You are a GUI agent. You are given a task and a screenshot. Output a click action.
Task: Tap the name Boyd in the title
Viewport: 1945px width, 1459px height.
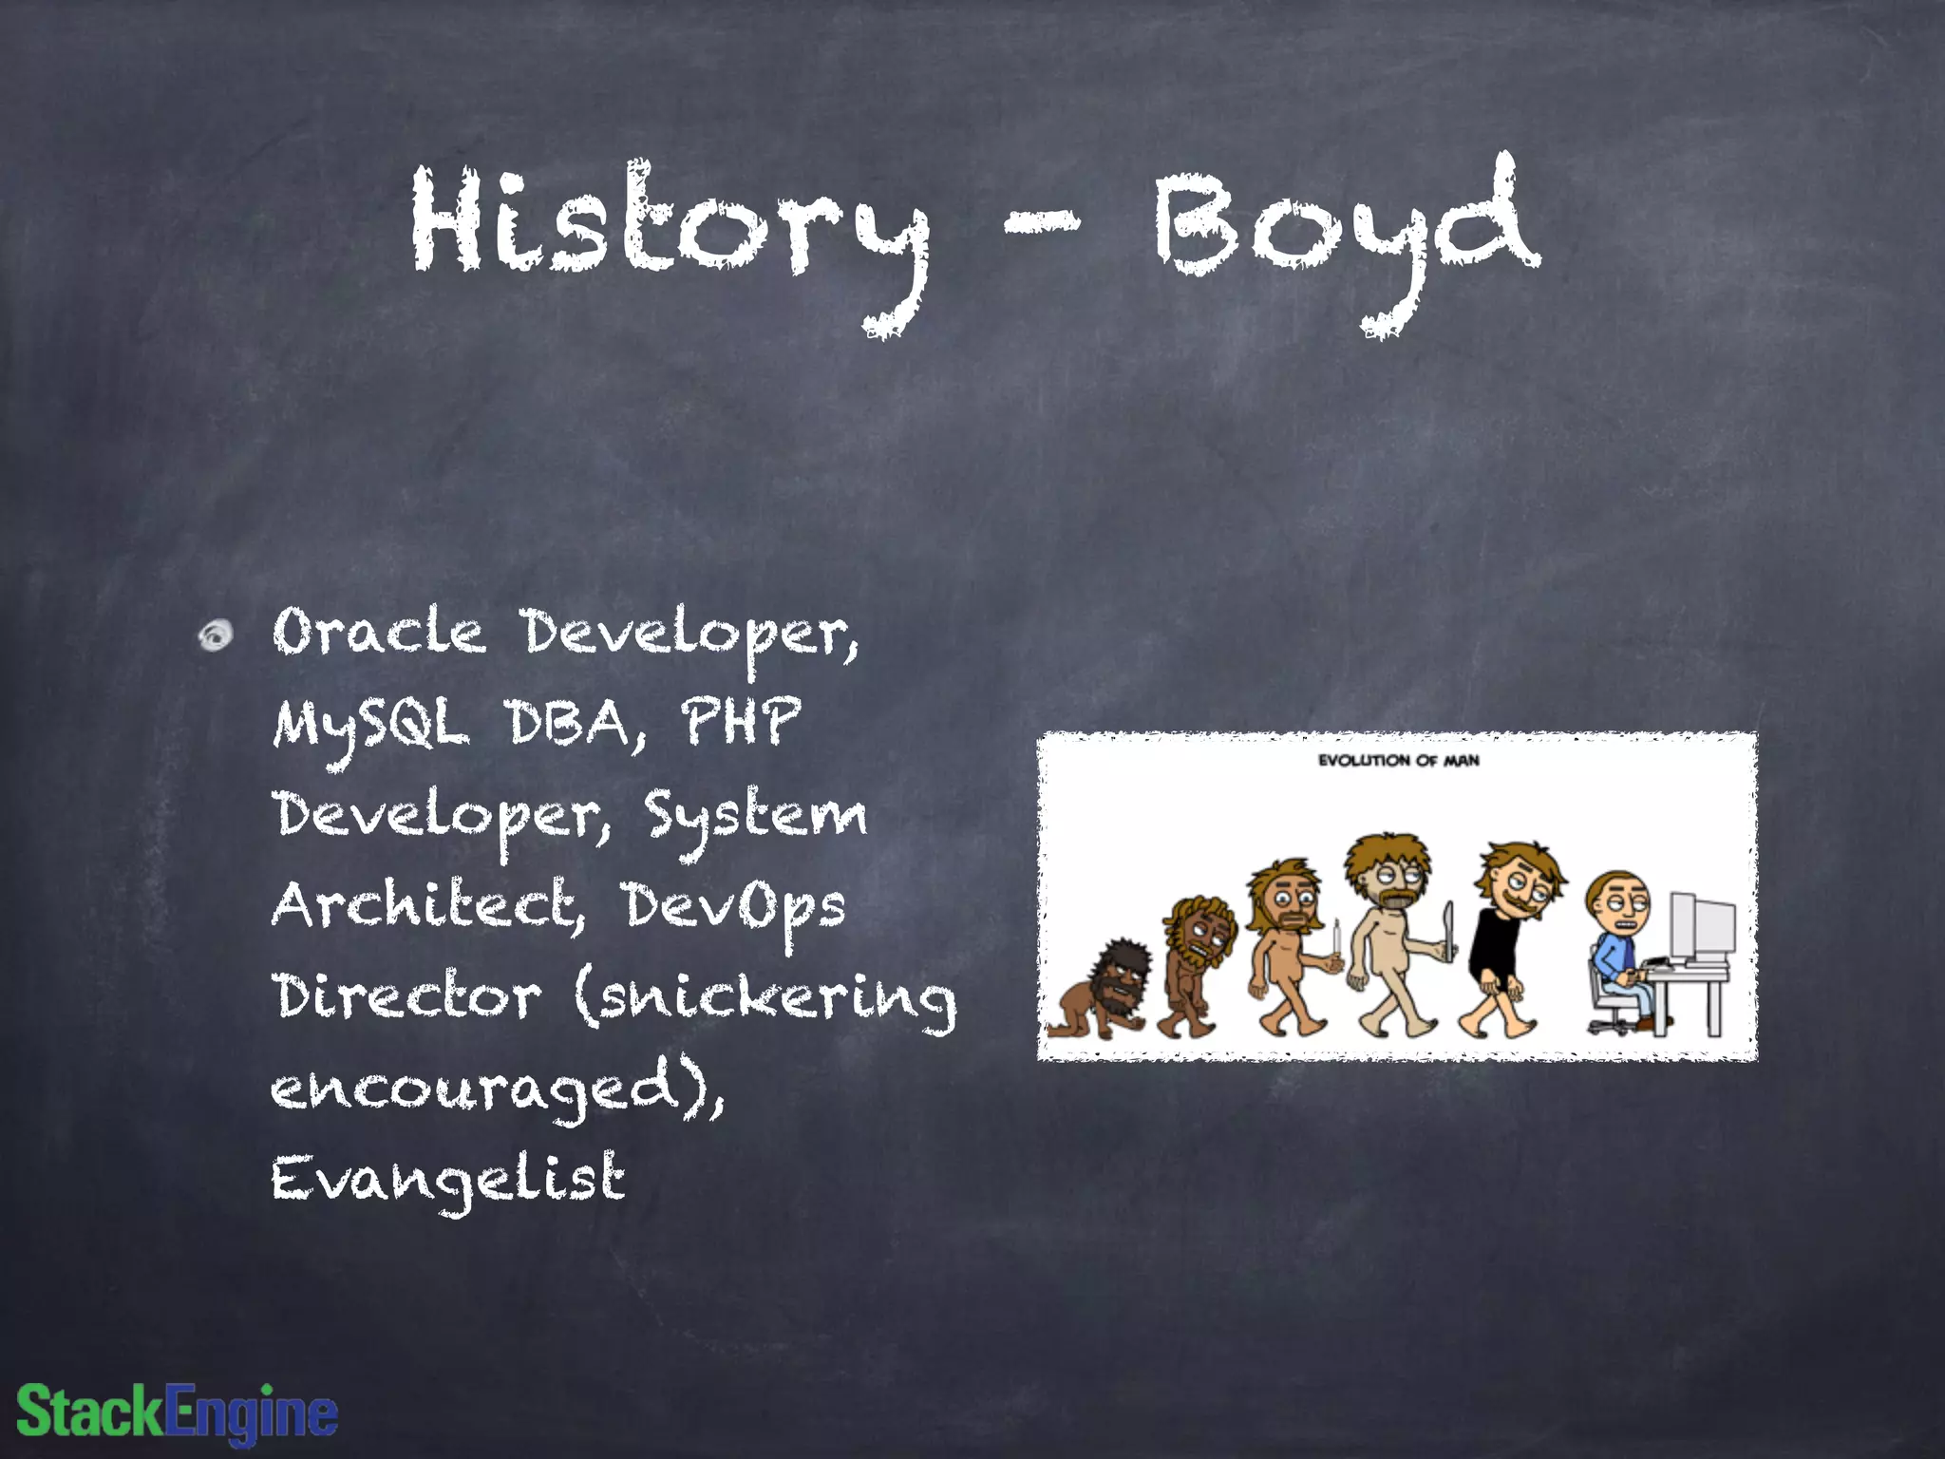tap(1347, 228)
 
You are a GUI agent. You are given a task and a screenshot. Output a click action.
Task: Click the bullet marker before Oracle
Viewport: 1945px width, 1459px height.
tap(216, 635)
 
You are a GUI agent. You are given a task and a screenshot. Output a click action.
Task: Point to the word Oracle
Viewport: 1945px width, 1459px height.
tap(378, 633)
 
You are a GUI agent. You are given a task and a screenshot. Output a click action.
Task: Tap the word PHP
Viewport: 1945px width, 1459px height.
tap(741, 722)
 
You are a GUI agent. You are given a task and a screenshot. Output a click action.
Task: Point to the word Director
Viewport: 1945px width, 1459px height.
tap(406, 997)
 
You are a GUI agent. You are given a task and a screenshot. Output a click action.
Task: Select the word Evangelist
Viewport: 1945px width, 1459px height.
tap(448, 1180)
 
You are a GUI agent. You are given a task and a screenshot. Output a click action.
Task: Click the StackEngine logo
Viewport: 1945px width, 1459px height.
tap(178, 1412)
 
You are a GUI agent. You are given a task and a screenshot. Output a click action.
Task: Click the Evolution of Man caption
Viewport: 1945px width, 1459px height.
tap(1398, 760)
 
